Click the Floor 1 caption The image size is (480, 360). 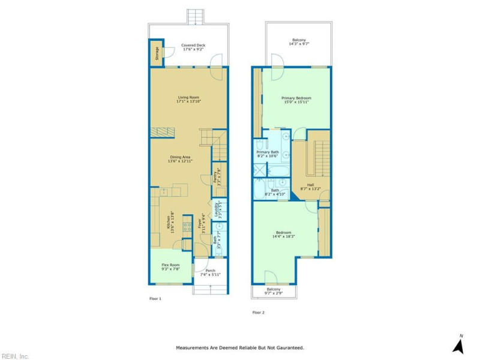point(155,298)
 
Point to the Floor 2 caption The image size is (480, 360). point(258,312)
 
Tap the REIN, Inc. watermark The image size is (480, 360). point(16,356)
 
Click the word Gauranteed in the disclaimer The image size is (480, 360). point(289,347)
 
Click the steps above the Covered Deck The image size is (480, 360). point(194,16)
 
